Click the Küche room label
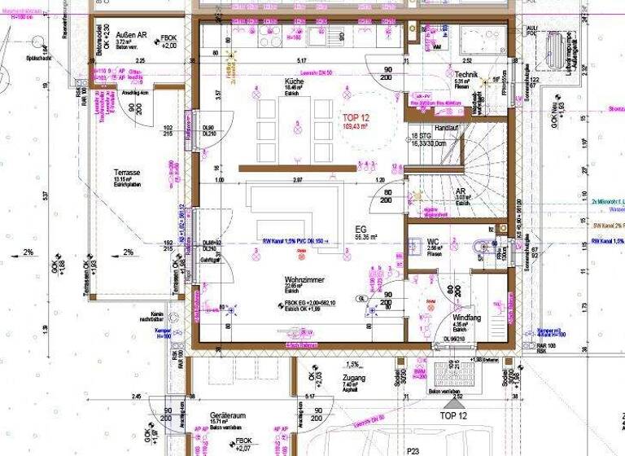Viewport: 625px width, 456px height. [x=294, y=83]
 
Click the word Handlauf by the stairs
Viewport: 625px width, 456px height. [x=448, y=127]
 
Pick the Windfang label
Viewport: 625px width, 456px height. [x=467, y=318]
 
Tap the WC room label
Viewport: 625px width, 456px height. [x=434, y=242]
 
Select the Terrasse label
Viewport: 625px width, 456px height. [x=128, y=173]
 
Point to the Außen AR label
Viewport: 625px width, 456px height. [x=130, y=35]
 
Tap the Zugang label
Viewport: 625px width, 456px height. [x=354, y=379]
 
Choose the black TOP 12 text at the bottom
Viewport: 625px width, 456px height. [x=453, y=415]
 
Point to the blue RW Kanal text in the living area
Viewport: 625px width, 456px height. [x=295, y=241]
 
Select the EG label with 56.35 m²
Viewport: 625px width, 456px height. [x=362, y=230]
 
